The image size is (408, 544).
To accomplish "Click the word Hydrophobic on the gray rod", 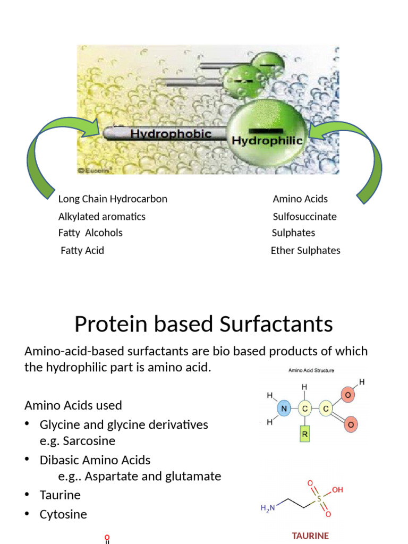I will (171, 134).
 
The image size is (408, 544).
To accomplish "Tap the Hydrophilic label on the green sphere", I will (268, 141).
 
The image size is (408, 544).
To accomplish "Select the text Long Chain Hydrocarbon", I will (113, 199).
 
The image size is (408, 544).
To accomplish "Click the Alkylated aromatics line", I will (101, 217).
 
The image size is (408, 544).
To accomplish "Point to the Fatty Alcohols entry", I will (90, 233).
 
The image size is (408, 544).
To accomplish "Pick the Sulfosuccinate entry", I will (304, 217).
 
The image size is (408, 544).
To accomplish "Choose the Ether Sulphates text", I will (305, 250).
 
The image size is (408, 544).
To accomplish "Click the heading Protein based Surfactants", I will (203, 324).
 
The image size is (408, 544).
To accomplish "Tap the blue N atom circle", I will (283, 409).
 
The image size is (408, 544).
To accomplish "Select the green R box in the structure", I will (305, 433).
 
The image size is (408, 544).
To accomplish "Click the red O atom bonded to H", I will (347, 395).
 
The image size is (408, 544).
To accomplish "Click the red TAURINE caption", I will (310, 535).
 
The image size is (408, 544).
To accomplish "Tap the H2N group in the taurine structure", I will (268, 508).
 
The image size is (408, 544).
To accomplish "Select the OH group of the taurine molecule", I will (337, 490).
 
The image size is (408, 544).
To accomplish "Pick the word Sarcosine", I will (89, 441).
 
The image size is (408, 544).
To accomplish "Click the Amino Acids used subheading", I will (73, 405).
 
